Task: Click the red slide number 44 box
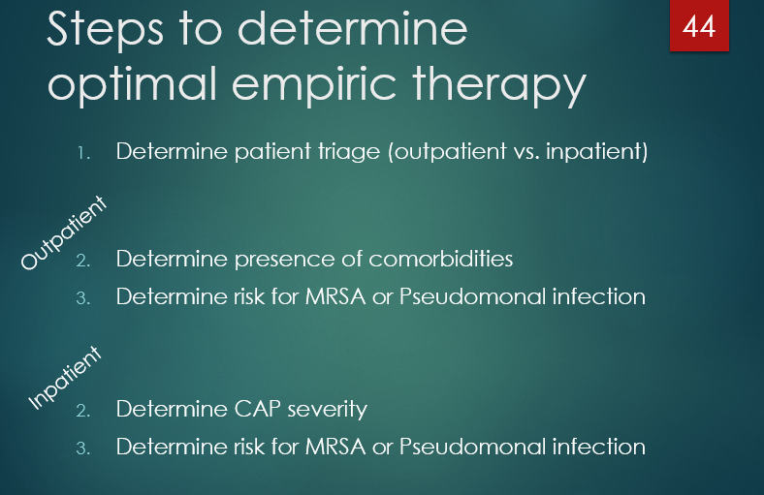coord(698,26)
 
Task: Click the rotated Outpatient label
coord(63,232)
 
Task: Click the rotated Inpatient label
coord(65,380)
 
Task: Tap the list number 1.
coord(84,153)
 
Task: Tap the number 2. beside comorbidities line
coord(83,260)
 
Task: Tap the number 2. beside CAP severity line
coord(83,410)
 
